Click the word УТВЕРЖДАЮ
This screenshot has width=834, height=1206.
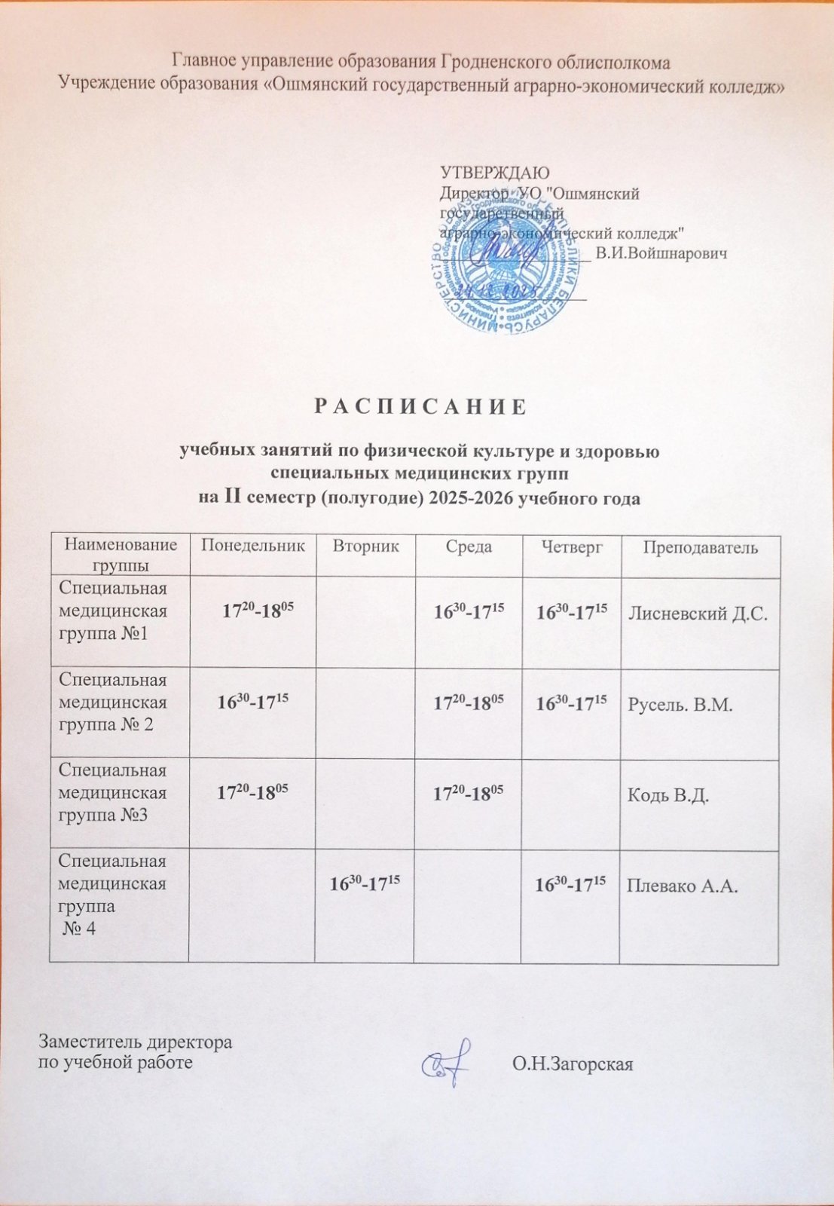[494, 173]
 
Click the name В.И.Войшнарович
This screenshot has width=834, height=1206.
[661, 254]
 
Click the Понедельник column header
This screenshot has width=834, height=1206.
[252, 546]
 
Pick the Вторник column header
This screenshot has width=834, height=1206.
[365, 546]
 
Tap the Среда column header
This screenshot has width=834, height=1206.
[469, 546]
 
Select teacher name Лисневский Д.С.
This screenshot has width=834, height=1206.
[698, 614]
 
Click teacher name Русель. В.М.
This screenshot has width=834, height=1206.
[680, 705]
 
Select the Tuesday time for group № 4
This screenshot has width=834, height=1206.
[364, 883]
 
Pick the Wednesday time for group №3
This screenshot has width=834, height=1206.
[468, 792]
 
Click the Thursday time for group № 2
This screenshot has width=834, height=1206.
[571, 702]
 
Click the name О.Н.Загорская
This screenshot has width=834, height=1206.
[572, 1064]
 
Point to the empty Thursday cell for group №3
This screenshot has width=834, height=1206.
[570, 804]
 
